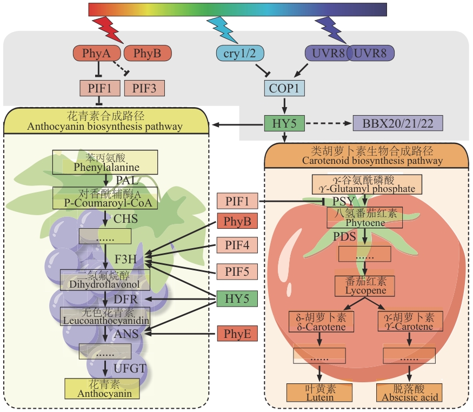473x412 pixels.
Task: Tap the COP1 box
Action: coord(284,87)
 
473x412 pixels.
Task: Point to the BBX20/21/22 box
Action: coord(397,123)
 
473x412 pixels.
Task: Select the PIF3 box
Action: coord(144,87)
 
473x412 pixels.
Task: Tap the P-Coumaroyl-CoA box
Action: coord(105,198)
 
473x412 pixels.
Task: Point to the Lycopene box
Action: coord(365,285)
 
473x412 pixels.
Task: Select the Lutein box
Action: coord(319,393)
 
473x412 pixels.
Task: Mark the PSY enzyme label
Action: coord(343,202)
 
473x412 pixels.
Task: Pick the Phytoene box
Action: coord(365,217)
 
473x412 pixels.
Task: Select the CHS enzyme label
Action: coord(125,219)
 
